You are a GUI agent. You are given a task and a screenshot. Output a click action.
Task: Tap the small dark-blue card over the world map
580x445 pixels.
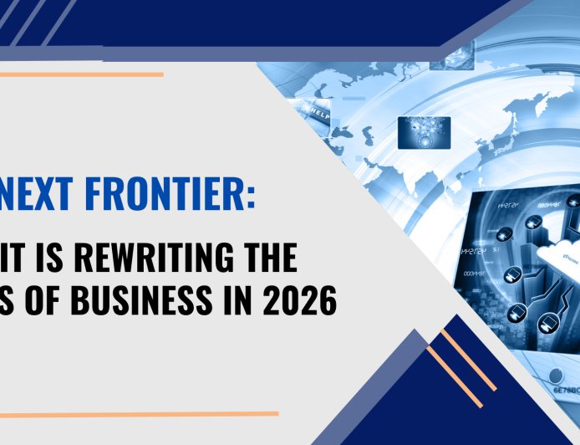(x=424, y=132)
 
